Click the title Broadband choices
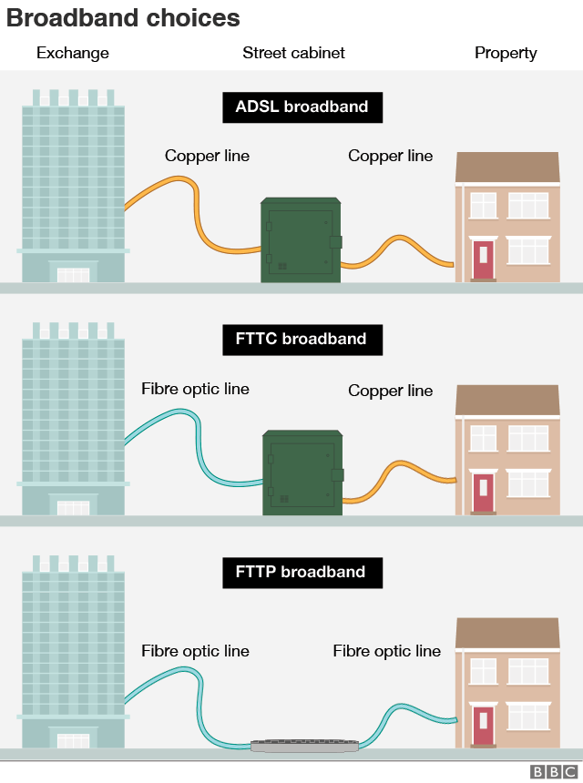pos(124,18)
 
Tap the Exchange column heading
pos(73,53)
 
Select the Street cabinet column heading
pos(293,53)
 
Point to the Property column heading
pos(506,53)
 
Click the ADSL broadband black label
pos(302,107)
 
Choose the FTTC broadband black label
pos(302,339)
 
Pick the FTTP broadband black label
pos(302,572)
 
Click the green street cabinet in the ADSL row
pos(301,241)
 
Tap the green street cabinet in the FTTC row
pos(302,473)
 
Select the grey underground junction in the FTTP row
pos(305,746)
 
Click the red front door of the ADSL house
pos(483,259)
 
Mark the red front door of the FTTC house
pos(483,492)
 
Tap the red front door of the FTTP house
pos(483,725)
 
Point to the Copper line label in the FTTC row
pos(390,391)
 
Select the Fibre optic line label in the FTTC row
pos(195,389)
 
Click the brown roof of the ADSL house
pos(507,167)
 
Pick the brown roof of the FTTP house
pos(507,633)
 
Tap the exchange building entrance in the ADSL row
pos(73,274)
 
